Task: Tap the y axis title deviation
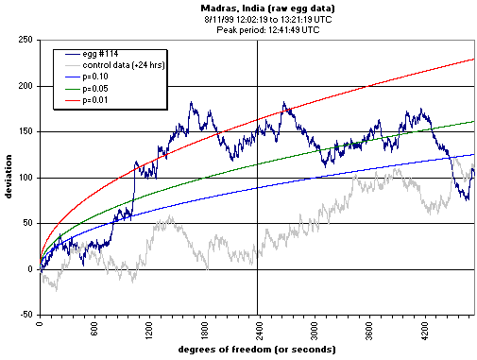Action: pos(9,178)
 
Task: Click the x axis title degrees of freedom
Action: pos(257,351)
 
